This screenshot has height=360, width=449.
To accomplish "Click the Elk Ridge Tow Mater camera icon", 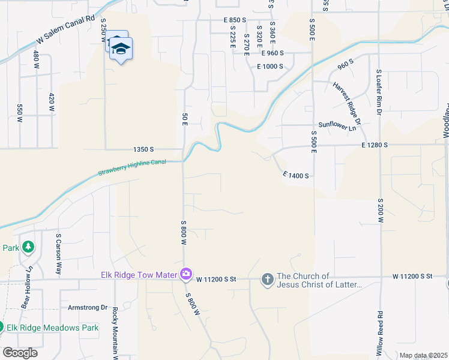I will pos(187,274).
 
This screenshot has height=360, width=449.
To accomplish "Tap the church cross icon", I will pos(267,279).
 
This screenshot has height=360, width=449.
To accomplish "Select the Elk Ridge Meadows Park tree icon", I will pos(2,328).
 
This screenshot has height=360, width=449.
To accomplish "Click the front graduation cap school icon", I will pos(121,49).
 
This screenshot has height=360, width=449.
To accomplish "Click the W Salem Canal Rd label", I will pos(66,28).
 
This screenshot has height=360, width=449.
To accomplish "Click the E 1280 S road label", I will pos(375,145).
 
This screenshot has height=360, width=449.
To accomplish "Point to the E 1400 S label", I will pos(296,175).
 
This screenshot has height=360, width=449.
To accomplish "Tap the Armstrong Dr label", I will pos(87,307).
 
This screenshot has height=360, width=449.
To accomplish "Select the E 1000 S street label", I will pos(270,66).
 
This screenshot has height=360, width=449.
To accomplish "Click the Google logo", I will pos(20,352).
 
